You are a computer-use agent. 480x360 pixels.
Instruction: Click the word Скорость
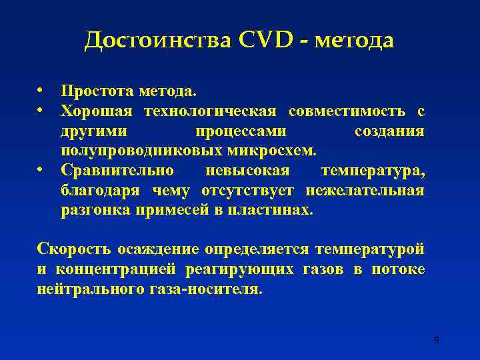(x=74, y=249)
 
